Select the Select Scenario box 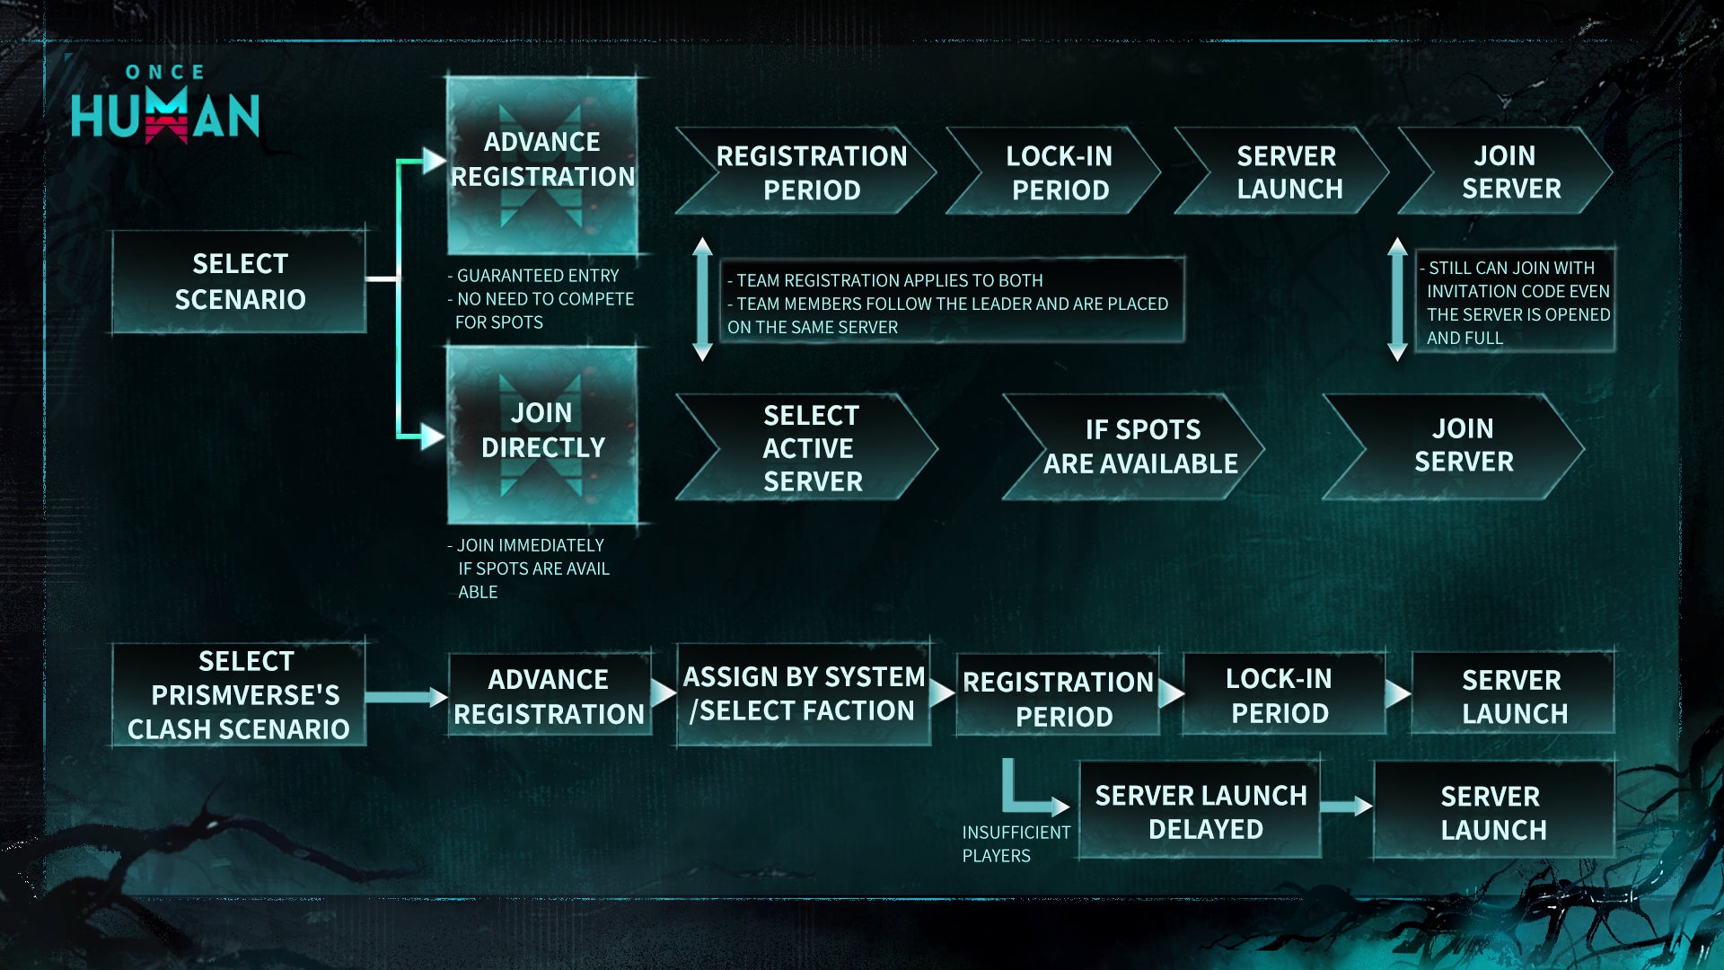coord(239,282)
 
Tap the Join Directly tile coord(542,434)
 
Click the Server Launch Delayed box coord(1200,811)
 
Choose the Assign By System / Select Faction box coord(803,694)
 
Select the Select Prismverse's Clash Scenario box coord(239,694)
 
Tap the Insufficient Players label coord(1016,844)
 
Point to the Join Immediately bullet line coord(530,545)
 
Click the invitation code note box coord(1516,302)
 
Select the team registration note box coord(952,303)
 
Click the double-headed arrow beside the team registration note coord(703,299)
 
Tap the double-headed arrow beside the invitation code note coord(1397,299)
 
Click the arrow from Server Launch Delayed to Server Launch coord(1346,807)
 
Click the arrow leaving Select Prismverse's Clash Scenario coord(406,697)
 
